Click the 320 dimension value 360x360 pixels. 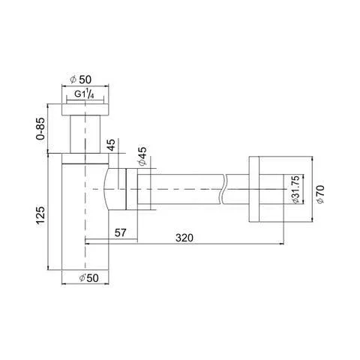pos(184,238)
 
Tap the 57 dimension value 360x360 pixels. pos(120,232)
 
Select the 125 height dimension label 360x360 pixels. pos(40,215)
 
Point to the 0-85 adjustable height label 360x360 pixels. pos(40,128)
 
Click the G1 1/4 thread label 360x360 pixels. pos(84,94)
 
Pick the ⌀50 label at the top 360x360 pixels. pos(81,79)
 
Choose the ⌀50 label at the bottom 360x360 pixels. pos(88,277)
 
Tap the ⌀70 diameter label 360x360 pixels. pos(320,194)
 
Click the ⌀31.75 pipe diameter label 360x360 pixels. pos(295,189)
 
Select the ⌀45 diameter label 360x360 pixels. pos(142,156)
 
